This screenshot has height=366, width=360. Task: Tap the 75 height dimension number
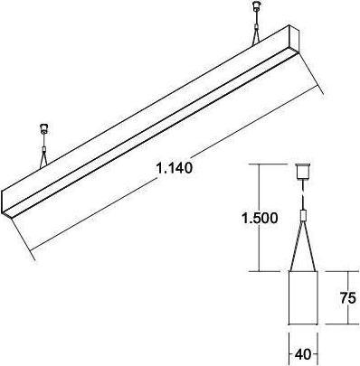pos(347,298)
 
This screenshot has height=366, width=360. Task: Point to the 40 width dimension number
pos(306,353)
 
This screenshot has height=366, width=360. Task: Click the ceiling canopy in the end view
pos(305,171)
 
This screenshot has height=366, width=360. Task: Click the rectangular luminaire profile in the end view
pos(305,299)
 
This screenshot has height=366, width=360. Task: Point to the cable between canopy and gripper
pos(305,195)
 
